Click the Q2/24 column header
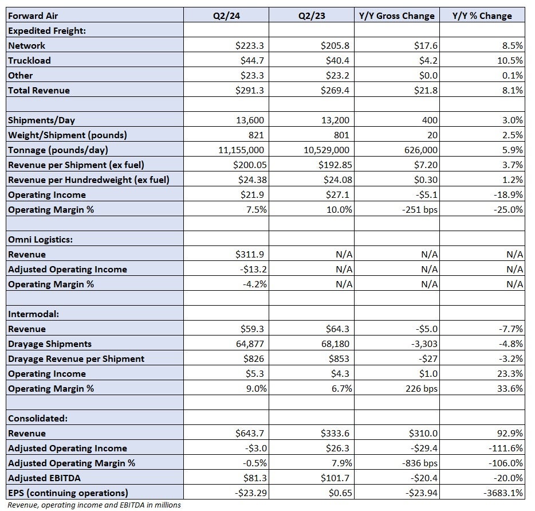(226, 15)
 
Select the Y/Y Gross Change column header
(396, 15)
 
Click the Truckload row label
(29, 60)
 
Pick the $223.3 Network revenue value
(249, 45)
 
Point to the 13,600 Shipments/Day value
(250, 120)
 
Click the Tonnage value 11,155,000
(241, 150)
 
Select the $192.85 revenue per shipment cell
(335, 165)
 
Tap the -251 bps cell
(420, 209)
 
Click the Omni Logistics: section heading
(40, 240)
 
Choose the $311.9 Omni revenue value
(249, 255)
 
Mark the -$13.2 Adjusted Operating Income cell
(253, 269)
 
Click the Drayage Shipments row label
(50, 344)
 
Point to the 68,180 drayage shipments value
(336, 344)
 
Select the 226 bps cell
(422, 389)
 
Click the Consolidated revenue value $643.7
(249, 433)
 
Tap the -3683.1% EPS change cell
(503, 493)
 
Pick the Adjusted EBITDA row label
(44, 478)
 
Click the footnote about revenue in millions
(94, 505)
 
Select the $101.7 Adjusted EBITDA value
(335, 478)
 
